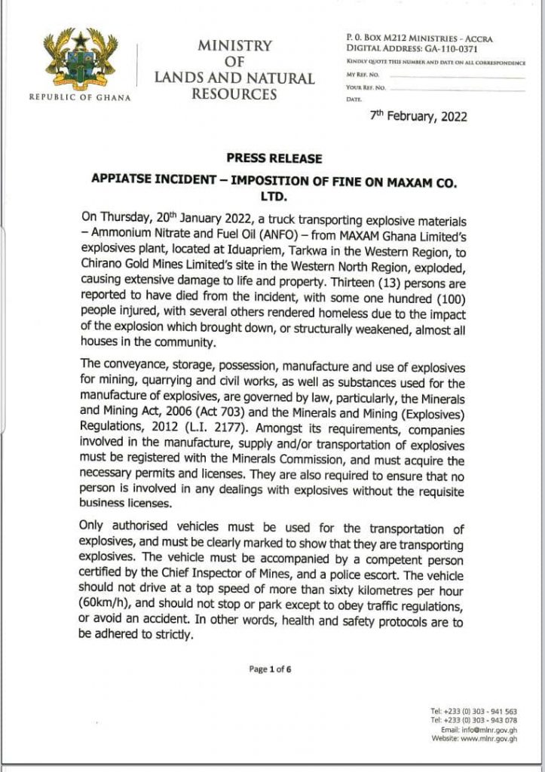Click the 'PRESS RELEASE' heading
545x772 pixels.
[274, 158]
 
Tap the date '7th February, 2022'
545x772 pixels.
[418, 117]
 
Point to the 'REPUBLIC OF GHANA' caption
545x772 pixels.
[79, 98]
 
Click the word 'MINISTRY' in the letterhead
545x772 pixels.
[234, 45]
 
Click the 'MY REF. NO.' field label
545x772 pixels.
[363, 75]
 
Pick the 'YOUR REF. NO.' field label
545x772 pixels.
[366, 88]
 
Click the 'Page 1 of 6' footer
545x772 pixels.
[270, 669]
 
